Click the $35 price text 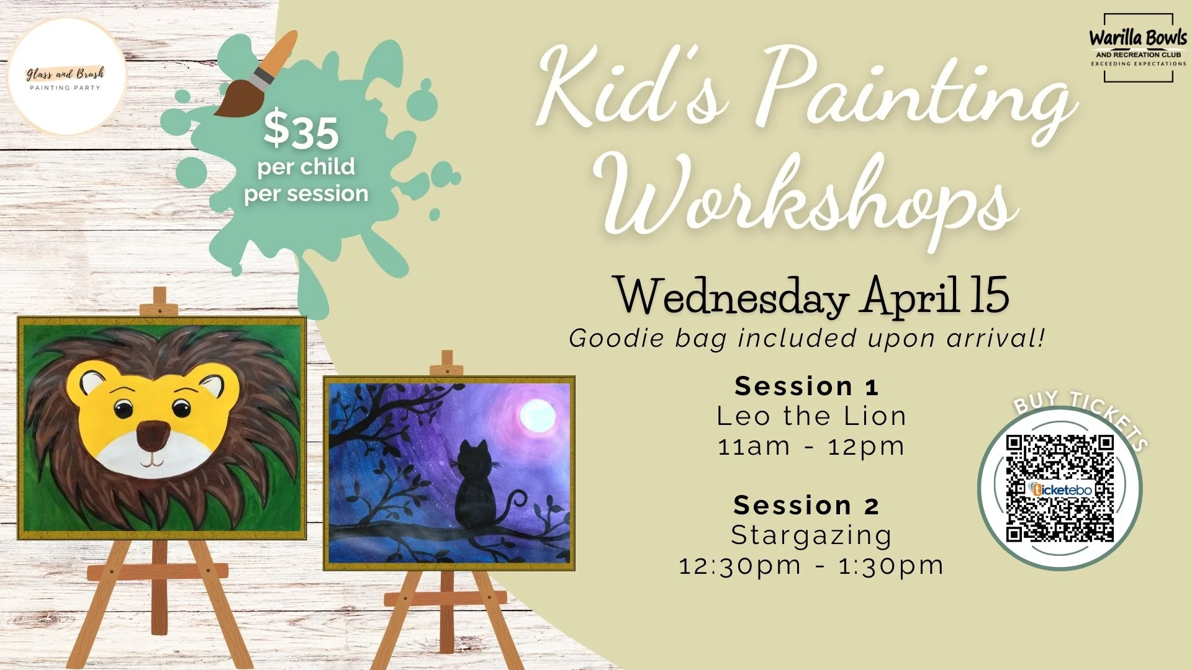tap(301, 132)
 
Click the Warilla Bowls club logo tap(1138, 48)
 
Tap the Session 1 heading tap(806, 386)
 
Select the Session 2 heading tap(806, 506)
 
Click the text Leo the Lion tap(811, 416)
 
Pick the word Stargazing tap(811, 535)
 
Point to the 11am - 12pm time tap(811, 447)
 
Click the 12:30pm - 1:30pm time tap(811, 566)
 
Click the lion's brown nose tap(153, 435)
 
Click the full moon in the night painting tap(537, 416)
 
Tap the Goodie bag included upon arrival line tap(807, 339)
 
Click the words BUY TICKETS tap(1080, 416)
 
